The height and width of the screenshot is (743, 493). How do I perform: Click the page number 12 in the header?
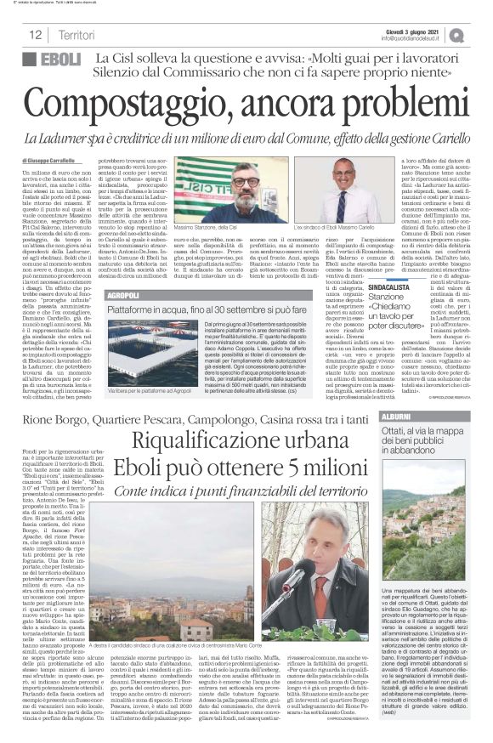[35, 36]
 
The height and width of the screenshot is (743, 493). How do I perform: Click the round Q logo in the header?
[481, 35]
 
